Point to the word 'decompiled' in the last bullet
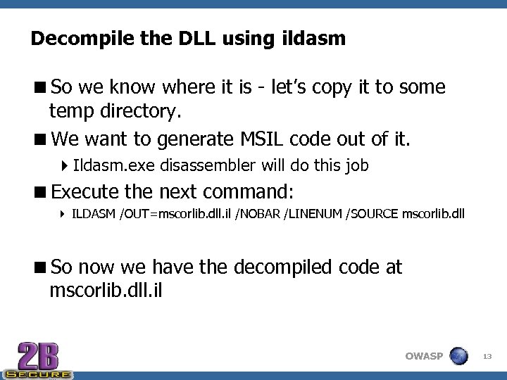click(294, 267)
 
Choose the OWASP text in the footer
click(424, 356)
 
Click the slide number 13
click(487, 357)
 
